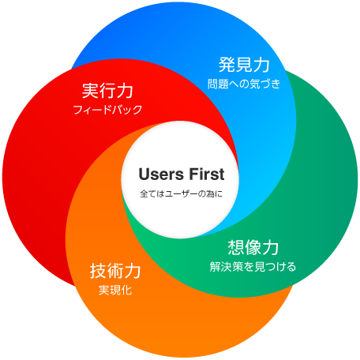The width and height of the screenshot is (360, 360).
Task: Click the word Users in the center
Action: click(x=161, y=174)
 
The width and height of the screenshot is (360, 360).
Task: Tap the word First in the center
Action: click(x=207, y=174)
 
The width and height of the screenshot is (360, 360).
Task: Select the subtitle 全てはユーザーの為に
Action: click(x=181, y=194)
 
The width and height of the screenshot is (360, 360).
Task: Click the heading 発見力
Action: click(x=244, y=65)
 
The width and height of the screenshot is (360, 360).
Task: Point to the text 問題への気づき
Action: click(x=244, y=84)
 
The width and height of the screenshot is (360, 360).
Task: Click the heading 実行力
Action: click(x=107, y=91)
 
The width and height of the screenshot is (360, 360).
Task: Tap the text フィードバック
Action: click(x=107, y=110)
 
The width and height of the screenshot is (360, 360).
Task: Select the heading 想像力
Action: click(x=253, y=247)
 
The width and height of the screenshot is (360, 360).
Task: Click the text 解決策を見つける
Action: click(x=253, y=267)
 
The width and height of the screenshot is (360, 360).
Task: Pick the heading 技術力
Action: click(x=115, y=271)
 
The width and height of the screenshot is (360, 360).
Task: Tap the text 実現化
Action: click(x=115, y=290)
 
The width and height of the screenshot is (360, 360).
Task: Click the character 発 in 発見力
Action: click(x=227, y=65)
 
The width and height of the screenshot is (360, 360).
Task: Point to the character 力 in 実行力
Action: click(x=125, y=91)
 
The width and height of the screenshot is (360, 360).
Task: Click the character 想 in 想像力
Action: click(x=236, y=247)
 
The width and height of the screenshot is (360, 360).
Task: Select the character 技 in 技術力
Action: click(x=98, y=271)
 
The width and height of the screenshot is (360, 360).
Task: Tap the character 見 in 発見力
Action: click(x=244, y=65)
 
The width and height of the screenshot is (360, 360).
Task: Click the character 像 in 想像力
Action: click(x=253, y=247)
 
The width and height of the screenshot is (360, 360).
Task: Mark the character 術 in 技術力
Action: click(x=115, y=271)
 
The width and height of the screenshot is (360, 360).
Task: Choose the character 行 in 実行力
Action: click(x=107, y=91)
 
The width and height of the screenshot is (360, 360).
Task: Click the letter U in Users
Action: click(x=144, y=174)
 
